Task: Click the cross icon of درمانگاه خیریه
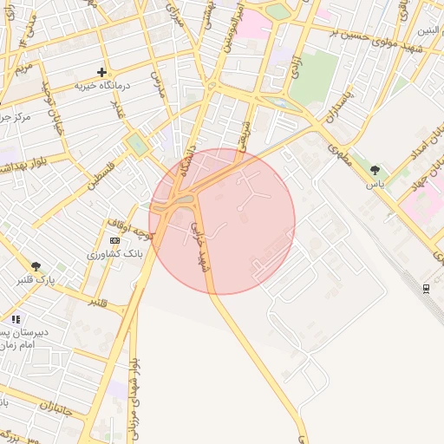pos(101,72)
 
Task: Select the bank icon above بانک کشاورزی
pos(115,240)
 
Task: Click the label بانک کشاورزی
pos(115,255)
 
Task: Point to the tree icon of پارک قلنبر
pos(36,266)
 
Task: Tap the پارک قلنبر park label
pos(36,280)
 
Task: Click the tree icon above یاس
pos(375,171)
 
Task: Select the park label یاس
pos(375,185)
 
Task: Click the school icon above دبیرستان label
pos(16,319)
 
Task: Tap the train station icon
pos(426,288)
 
